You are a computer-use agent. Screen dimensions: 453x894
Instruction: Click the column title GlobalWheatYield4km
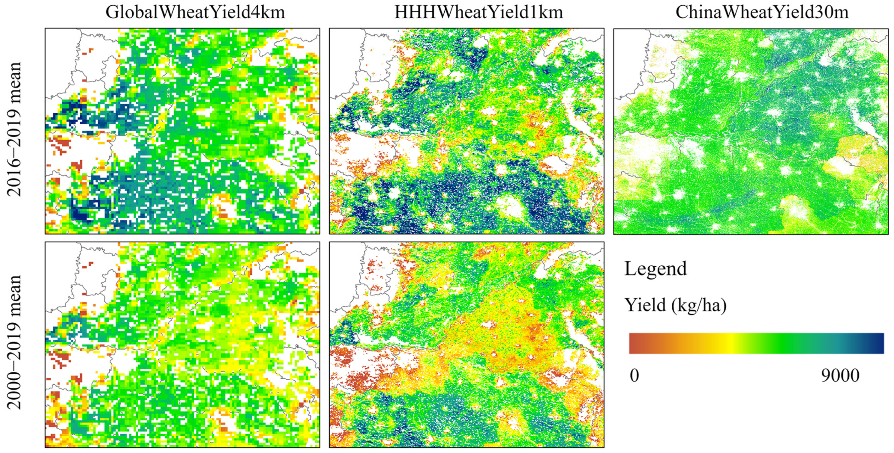(195, 13)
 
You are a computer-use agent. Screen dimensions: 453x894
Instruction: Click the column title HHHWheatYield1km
(478, 13)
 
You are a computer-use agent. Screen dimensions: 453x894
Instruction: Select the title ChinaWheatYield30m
(762, 13)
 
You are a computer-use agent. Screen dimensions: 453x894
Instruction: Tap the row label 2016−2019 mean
(15, 129)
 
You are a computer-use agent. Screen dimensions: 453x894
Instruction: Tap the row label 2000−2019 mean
(15, 342)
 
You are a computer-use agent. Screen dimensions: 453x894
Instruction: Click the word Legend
(655, 269)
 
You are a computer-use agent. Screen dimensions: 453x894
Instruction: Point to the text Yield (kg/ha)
(675, 305)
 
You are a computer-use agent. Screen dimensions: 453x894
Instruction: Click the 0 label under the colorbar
(634, 375)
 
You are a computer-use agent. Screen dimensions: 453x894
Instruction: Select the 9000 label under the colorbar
(840, 375)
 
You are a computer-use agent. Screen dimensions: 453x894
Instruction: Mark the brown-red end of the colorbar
(635, 343)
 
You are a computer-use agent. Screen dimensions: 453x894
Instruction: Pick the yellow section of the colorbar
(730, 343)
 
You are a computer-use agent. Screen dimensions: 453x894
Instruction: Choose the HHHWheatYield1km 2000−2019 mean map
(466, 345)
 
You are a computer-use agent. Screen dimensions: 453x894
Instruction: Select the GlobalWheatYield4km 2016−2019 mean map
(182, 131)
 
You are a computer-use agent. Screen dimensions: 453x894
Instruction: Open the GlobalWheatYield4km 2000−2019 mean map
(182, 345)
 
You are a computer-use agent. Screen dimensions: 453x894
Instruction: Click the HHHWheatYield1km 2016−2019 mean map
(466, 131)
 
